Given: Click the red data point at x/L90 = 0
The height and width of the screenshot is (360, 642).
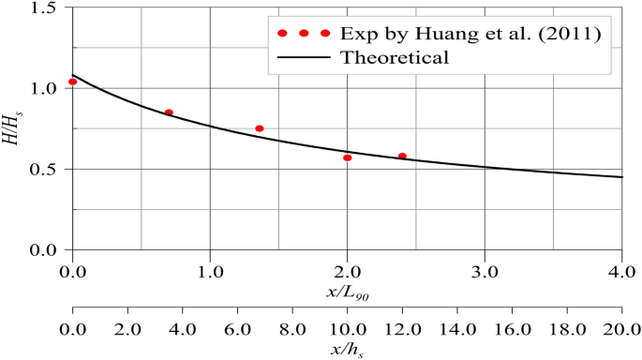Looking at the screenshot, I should pos(73,82).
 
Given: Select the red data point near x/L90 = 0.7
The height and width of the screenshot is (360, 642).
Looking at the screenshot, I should pos(169,112).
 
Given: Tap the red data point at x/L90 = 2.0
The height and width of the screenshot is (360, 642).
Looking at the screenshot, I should pos(347,157).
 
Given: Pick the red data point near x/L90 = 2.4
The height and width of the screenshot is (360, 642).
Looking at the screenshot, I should pos(402,157).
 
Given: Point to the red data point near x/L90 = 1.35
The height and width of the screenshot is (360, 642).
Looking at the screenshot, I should pos(260,128).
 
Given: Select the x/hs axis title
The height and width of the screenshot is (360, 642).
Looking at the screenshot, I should pos(347,350).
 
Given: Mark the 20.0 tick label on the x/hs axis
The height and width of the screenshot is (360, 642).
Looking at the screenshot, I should pos(620,331).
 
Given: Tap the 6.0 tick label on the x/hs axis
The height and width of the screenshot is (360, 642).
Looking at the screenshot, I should pos(237,331).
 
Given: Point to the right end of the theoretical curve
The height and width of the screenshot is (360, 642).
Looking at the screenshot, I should pos(622,177).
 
